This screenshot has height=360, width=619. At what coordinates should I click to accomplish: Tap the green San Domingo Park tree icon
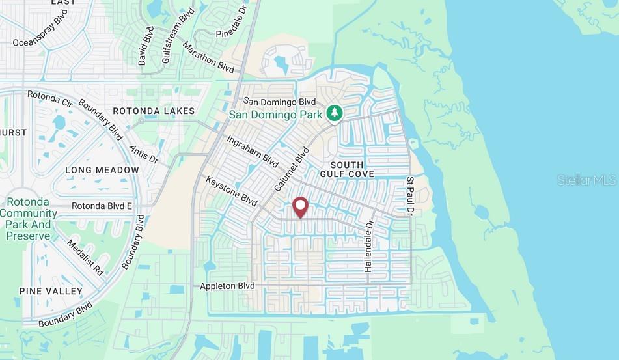[x=335, y=113]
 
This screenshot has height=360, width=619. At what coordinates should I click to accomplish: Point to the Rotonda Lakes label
[x=154, y=111]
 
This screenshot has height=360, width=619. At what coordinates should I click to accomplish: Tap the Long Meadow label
[x=102, y=170]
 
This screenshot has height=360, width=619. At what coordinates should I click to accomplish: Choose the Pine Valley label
[x=51, y=291]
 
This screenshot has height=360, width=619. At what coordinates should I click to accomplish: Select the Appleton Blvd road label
[x=228, y=286]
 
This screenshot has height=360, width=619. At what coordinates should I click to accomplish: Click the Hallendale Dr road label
[x=368, y=246]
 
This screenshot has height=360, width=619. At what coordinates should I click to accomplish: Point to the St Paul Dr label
[x=410, y=195]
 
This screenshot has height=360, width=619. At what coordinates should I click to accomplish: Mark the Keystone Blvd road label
[x=232, y=191]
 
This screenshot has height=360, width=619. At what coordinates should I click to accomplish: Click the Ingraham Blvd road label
[x=253, y=151]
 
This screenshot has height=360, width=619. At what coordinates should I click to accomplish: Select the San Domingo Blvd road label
[x=279, y=102]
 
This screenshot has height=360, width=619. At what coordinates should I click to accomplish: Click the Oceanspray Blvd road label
[x=40, y=29]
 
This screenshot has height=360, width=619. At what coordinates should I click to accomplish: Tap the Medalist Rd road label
[x=85, y=256]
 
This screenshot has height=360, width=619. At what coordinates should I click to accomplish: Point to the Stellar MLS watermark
[x=586, y=180]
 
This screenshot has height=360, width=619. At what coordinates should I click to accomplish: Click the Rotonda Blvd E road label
[x=102, y=206]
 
